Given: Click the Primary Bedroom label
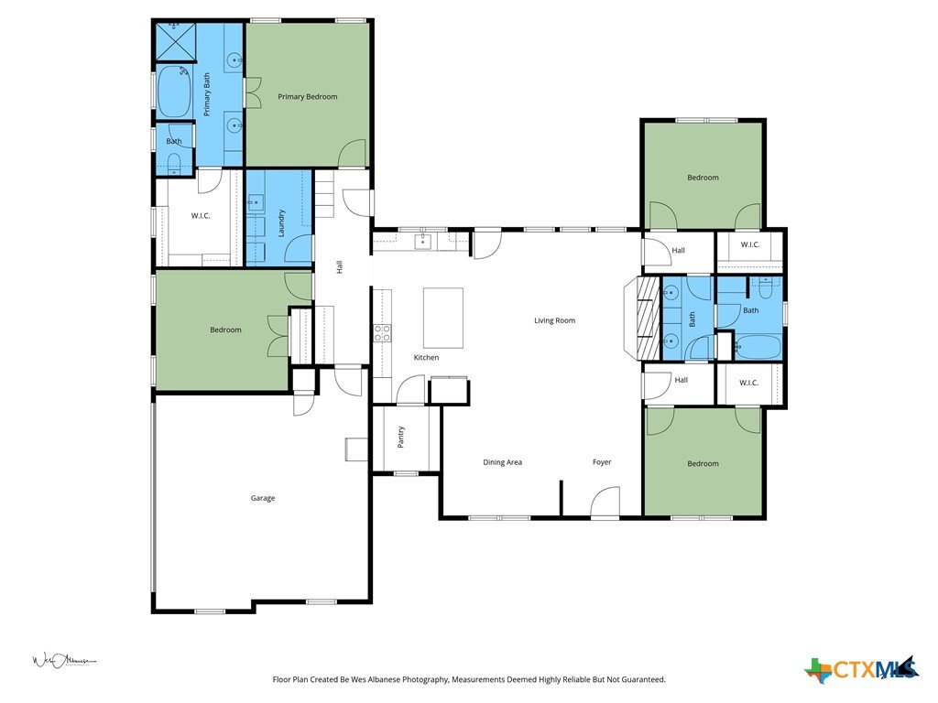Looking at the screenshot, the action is (x=308, y=96).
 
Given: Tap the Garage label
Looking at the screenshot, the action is (x=263, y=498).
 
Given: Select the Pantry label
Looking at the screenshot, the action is (x=401, y=437).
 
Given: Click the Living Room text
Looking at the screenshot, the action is (x=554, y=320).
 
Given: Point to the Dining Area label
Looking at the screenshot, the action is (x=503, y=462).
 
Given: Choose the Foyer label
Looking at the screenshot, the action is (x=602, y=462).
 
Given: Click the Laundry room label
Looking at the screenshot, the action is (x=281, y=223).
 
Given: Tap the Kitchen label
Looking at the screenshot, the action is (x=427, y=358).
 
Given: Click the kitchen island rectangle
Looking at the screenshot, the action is (x=443, y=318).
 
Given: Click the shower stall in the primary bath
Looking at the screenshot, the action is (x=176, y=42).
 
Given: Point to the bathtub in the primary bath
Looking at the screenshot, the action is (x=174, y=92).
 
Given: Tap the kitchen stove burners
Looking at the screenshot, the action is (x=382, y=333).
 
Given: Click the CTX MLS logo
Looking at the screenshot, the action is (x=862, y=669).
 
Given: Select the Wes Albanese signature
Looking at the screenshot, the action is (x=63, y=661).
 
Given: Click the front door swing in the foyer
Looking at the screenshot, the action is (x=605, y=502).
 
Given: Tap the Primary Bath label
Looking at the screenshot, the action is (x=206, y=94).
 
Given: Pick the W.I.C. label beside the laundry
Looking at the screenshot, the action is (x=201, y=216).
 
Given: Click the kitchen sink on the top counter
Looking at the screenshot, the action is (x=424, y=242).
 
